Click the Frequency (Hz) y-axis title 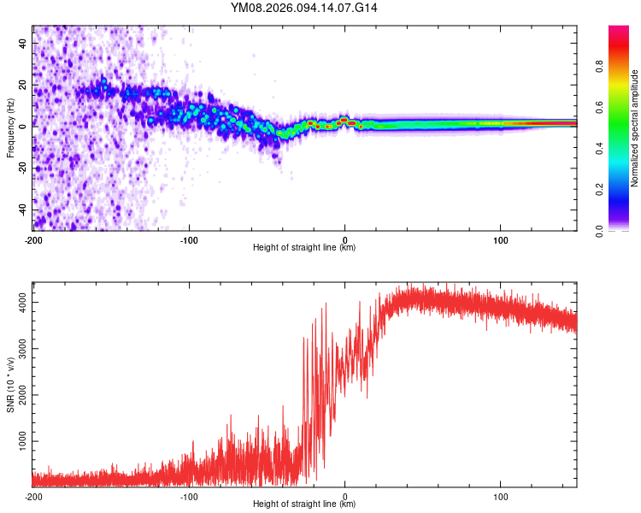[10, 128]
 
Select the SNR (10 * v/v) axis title [10, 386]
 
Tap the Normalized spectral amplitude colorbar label [635, 128]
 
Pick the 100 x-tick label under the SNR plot [500, 496]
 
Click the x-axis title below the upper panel [304, 248]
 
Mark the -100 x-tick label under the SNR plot [189, 496]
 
